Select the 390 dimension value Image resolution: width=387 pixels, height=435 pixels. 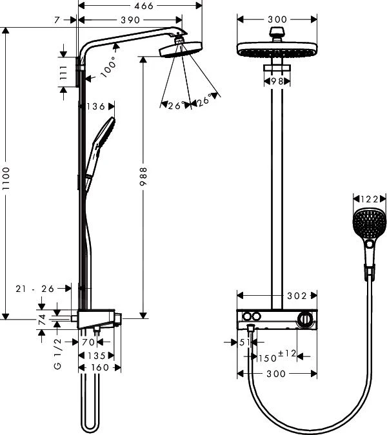pyautogui.click(x=130, y=21)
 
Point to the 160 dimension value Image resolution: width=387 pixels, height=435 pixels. pyautogui.click(x=99, y=368)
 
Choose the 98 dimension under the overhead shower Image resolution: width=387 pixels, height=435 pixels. pyautogui.click(x=277, y=81)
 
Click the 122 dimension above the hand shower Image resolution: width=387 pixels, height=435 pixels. pyautogui.click(x=369, y=200)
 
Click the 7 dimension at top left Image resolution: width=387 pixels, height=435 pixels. pyautogui.click(x=57, y=21)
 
